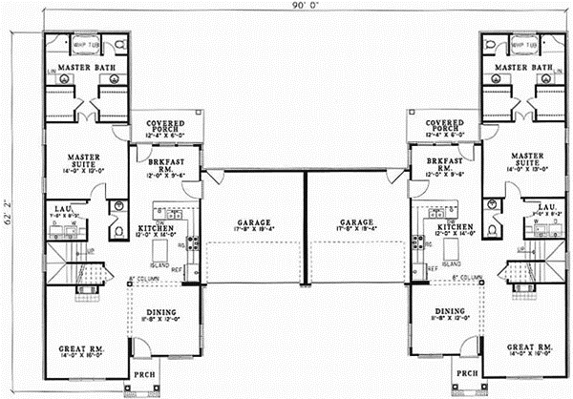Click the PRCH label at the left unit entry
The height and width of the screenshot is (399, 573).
[143, 374]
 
